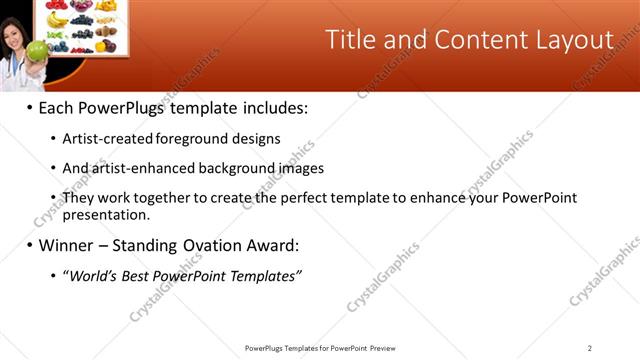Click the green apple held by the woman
[x=37, y=50]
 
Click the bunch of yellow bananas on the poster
[x=58, y=19]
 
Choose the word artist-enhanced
[x=139, y=168]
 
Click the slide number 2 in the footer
[x=589, y=347]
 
